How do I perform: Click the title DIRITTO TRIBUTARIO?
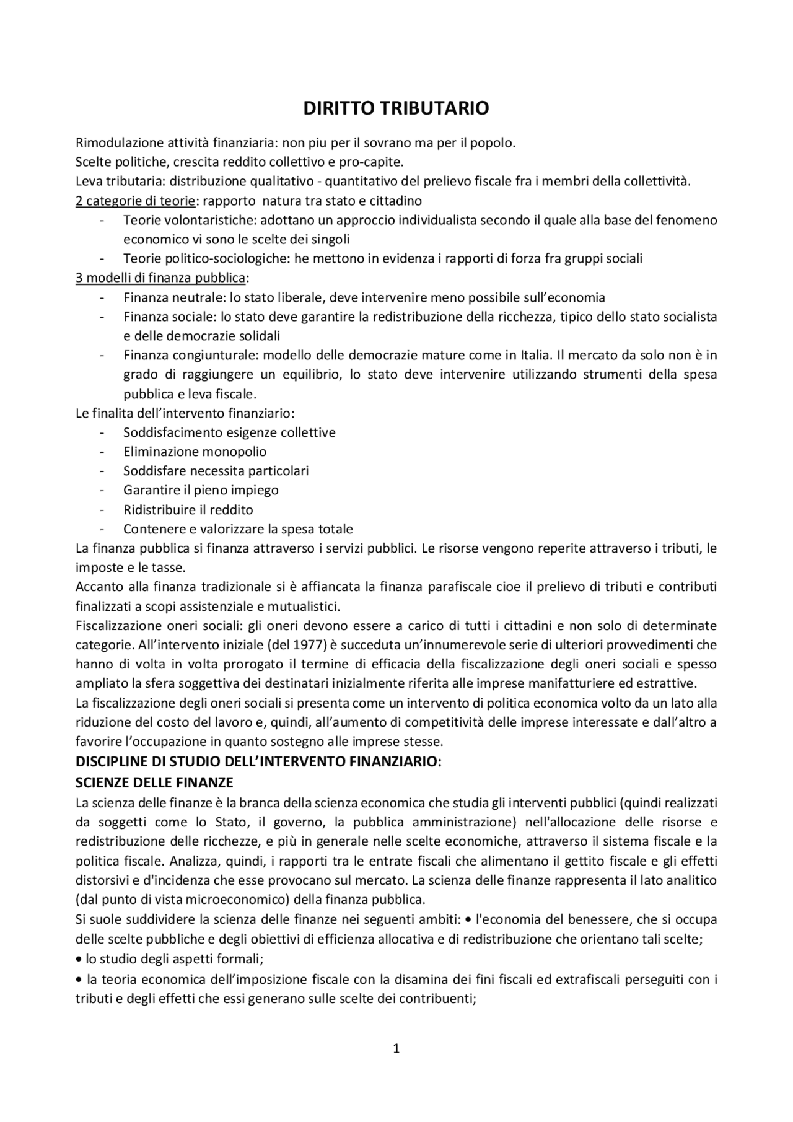pyautogui.click(x=396, y=108)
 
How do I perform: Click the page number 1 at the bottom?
pyautogui.click(x=396, y=1049)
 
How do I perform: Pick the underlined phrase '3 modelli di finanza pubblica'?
pyautogui.click(x=160, y=278)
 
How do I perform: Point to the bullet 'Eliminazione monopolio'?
pyautogui.click(x=195, y=452)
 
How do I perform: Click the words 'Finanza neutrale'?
pyautogui.click(x=169, y=297)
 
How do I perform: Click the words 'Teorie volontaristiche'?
pyautogui.click(x=189, y=220)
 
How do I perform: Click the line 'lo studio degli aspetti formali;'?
pyautogui.click(x=173, y=959)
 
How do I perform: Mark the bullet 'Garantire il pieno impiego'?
pyautogui.click(x=201, y=490)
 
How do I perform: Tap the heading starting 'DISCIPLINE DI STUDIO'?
pyautogui.click(x=258, y=762)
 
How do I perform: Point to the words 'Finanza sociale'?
pyautogui.click(x=169, y=317)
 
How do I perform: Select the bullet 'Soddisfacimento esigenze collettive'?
pyautogui.click(x=229, y=432)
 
